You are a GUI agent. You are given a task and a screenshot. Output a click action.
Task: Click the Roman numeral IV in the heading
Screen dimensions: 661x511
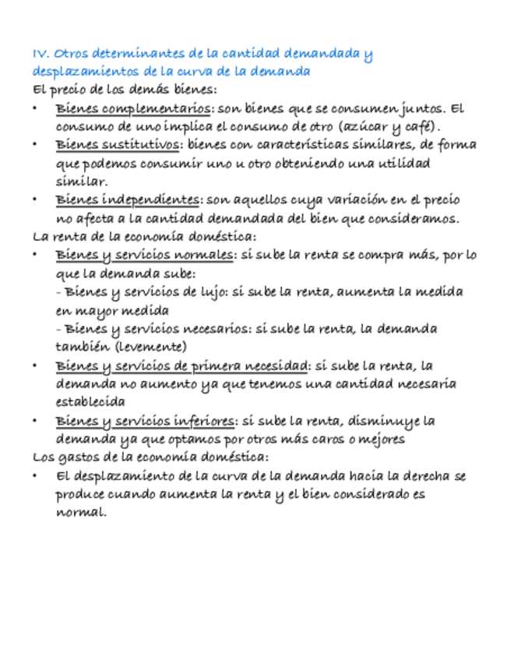click(41, 54)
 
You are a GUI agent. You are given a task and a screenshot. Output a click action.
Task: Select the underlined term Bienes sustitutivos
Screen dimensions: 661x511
click(118, 145)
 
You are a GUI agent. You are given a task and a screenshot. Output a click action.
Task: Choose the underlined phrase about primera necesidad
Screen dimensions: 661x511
click(182, 366)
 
